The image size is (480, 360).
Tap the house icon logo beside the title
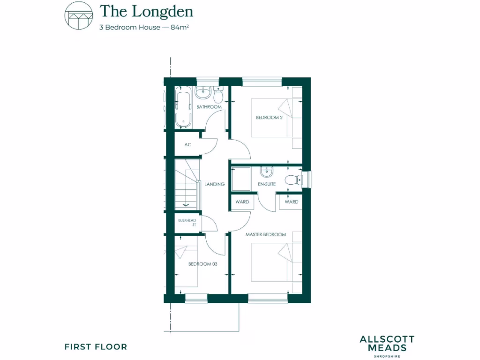click(x=78, y=16)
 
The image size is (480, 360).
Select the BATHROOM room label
click(x=209, y=107)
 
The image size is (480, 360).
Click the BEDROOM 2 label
click(x=269, y=118)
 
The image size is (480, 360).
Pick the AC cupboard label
click(x=187, y=145)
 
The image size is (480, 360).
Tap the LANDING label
click(x=215, y=184)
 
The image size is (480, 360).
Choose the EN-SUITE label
click(x=266, y=184)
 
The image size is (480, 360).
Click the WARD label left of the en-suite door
click(x=242, y=202)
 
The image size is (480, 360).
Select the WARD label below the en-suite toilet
click(x=291, y=202)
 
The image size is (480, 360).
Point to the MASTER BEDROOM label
click(x=266, y=234)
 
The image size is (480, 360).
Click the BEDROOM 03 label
click(x=202, y=264)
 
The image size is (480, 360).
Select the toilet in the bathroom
click(x=217, y=95)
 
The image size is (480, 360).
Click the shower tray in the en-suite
click(x=241, y=179)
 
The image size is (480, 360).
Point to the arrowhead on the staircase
click(x=186, y=204)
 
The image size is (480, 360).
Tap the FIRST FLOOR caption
click(x=96, y=347)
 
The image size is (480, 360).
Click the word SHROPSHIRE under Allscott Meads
click(x=387, y=357)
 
